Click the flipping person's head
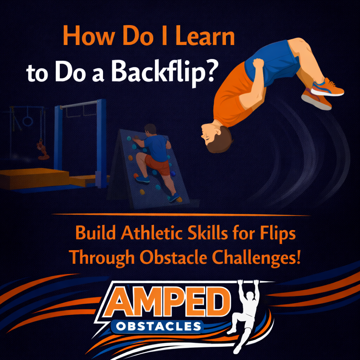215,138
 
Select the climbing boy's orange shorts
158,164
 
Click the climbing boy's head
150,129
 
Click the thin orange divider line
181,214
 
